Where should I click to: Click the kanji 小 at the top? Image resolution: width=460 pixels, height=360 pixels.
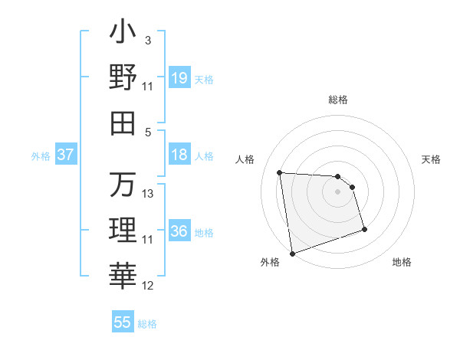pos(123,34)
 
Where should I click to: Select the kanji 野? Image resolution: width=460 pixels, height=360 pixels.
pos(123,78)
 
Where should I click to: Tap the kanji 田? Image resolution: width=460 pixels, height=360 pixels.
pos(123,123)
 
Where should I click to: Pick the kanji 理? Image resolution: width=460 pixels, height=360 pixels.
pos(123,230)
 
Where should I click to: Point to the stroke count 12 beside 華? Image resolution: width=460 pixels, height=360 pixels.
pos(149,286)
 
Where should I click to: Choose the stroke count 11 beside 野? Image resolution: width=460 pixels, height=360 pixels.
pos(149,87)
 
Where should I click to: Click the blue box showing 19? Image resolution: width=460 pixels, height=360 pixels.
pos(179,78)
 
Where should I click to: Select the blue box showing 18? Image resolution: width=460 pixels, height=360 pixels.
pos(179,155)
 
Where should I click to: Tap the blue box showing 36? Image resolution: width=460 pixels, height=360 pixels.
pos(179,231)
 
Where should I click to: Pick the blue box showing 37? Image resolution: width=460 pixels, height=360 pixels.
pos(66,155)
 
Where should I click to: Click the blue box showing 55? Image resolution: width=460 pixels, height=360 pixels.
pos(123,322)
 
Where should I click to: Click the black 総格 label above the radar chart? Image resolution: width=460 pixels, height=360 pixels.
pos(338,100)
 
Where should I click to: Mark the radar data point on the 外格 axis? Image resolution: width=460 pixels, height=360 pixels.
pos(292,253)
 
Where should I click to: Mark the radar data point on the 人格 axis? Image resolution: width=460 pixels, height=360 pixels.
pos(280,172)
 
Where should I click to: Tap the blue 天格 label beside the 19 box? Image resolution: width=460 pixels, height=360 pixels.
pos(204,79)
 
